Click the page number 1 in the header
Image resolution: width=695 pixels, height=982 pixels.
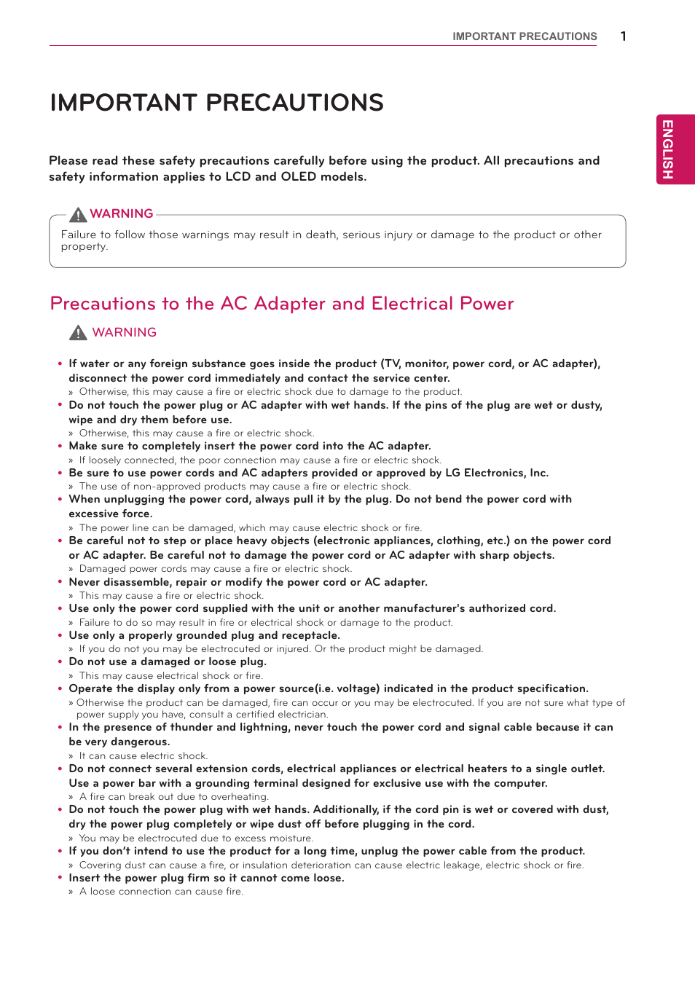tap(623, 36)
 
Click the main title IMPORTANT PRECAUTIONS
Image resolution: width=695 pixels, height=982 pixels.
tap(216, 103)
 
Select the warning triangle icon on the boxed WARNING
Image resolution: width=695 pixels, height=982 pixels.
tap(78, 214)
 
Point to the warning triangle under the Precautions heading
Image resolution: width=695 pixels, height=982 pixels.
tap(78, 333)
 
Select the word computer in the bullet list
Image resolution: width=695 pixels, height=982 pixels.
tap(520, 783)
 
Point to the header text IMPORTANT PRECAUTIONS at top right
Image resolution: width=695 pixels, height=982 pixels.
tap(525, 36)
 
